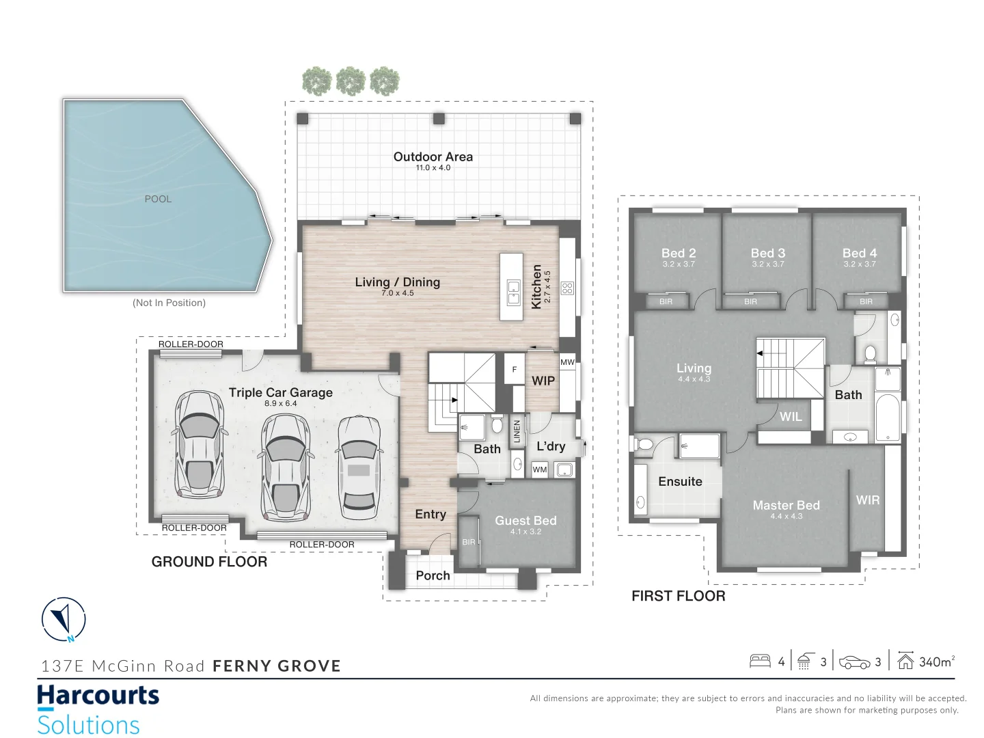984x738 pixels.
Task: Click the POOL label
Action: pos(158,199)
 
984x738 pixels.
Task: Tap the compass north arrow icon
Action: pos(64,619)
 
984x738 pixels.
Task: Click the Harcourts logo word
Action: pos(98,696)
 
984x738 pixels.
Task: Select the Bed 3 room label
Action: pos(767,254)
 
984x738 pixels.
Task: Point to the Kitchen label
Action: pos(536,287)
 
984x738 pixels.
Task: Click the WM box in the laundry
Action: pos(540,469)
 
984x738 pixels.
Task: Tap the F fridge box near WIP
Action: pos(515,370)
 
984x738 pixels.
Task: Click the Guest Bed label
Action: pos(525,521)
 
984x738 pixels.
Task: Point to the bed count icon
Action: pos(760,661)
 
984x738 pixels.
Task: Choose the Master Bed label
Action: pos(786,506)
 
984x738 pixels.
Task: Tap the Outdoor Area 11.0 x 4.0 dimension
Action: pos(433,168)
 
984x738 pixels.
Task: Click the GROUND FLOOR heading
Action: pos(209,562)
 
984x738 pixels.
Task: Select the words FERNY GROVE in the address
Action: pos(277,666)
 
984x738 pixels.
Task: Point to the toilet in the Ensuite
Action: pos(643,444)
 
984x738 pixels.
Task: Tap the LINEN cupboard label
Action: pos(517,431)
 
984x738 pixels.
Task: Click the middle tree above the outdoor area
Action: pos(351,81)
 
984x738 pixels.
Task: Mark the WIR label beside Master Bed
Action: pos(867,500)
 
